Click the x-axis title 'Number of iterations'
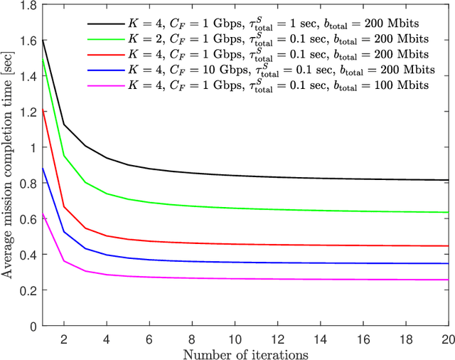pos(245,352)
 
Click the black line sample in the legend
pos(129,21)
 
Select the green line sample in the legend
pos(129,37)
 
